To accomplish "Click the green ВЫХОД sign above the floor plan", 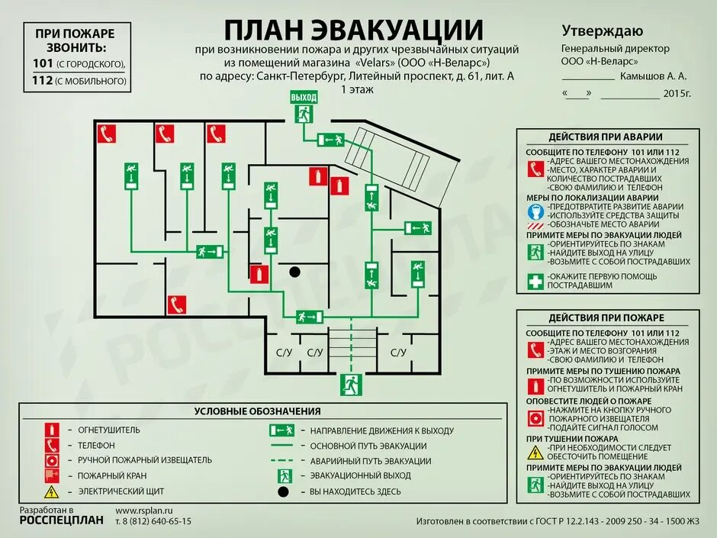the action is pos(303,97).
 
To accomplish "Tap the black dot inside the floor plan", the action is pos(294,271).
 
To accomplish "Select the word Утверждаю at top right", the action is pos(602,31).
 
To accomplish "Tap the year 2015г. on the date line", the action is pos(677,94).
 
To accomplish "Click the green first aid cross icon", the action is pos(536,280).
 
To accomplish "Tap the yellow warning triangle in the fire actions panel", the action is pos(536,452).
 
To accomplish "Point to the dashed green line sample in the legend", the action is pos(281,461).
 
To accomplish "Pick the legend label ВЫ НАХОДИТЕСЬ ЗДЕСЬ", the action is pos(355,491).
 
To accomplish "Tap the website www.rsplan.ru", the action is pos(144,510).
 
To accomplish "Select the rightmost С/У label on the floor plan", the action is pos(398,353).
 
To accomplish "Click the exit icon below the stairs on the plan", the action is pos(351,382).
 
